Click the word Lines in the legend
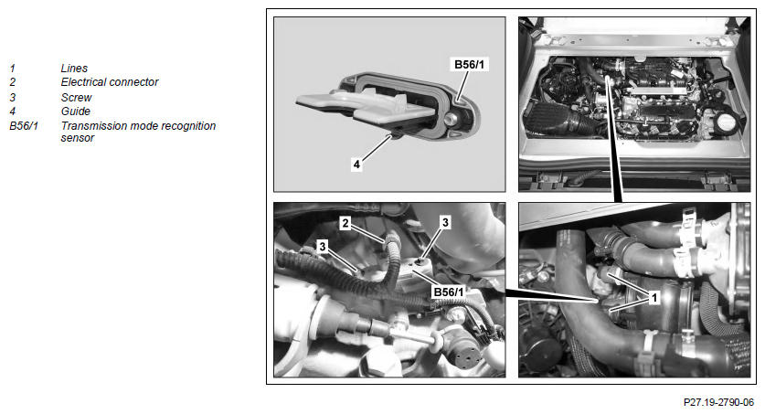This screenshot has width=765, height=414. pyautogui.click(x=74, y=69)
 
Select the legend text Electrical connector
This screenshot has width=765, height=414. pyautogui.click(x=110, y=82)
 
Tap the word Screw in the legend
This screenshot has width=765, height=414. pyautogui.click(x=76, y=97)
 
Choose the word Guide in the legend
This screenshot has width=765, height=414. pyautogui.click(x=76, y=111)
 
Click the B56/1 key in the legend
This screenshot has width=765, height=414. pyautogui.click(x=24, y=126)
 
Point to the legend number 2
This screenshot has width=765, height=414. pyautogui.click(x=12, y=82)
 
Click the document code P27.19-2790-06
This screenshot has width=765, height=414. pyautogui.click(x=718, y=402)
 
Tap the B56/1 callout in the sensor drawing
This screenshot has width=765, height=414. pyautogui.click(x=470, y=64)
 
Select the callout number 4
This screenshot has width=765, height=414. pyautogui.click(x=356, y=165)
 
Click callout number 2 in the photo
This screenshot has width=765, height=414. pyautogui.click(x=345, y=223)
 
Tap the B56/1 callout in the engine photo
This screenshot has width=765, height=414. pyautogui.click(x=449, y=292)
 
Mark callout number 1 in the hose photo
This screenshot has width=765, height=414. pyautogui.click(x=654, y=296)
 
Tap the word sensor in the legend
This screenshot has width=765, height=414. pyautogui.click(x=77, y=138)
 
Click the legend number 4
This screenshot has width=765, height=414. pyautogui.click(x=12, y=111)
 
